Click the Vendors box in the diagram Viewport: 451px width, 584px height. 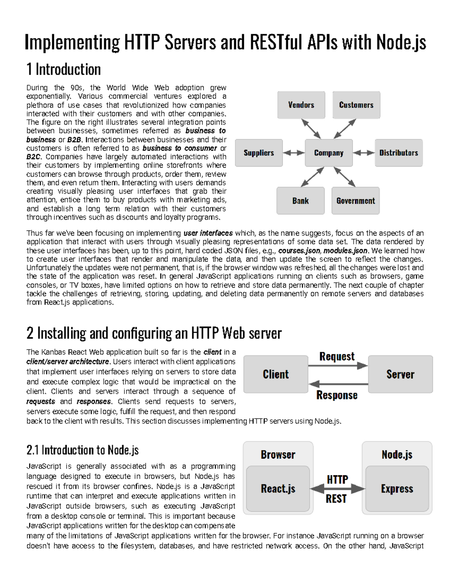pos(301,105)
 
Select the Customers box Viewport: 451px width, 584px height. pos(356,105)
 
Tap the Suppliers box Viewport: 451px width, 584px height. pos(259,153)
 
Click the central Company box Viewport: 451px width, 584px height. pos(328,153)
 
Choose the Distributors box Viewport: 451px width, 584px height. pos(398,153)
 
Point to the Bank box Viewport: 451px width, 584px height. pos(300,201)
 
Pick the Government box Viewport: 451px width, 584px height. pos(356,201)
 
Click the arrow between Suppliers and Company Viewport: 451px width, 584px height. pos(294,153)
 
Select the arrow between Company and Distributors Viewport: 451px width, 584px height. pos(363,153)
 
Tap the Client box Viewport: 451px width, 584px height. pos(275,375)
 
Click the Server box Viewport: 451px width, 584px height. pos(400,375)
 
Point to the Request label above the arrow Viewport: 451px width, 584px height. pos(337,356)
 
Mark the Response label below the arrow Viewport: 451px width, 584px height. pos(337,395)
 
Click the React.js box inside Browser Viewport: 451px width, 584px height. pos(278,489)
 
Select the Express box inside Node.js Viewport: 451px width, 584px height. pos(397,489)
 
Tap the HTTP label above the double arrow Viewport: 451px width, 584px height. pos(337,479)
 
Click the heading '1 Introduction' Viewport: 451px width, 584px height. pos(64,70)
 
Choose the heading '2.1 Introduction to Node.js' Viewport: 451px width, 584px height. pos(83,450)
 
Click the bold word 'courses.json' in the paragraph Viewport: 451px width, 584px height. pos(299,251)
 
